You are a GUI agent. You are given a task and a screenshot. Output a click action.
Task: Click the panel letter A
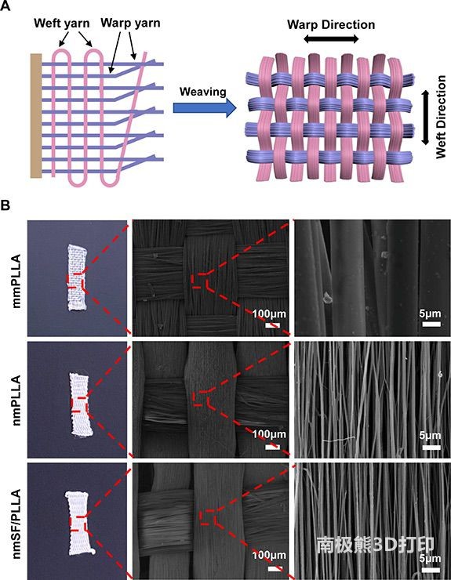coord(5,5)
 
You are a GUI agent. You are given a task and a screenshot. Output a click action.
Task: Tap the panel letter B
coord(5,205)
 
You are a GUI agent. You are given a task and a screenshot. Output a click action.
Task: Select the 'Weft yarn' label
coord(62,24)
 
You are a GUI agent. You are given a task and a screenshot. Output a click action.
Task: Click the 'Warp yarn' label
coord(130,23)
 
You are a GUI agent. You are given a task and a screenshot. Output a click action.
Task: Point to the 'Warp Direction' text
coord(331,25)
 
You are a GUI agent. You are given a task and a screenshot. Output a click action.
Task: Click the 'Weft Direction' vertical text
coord(441,118)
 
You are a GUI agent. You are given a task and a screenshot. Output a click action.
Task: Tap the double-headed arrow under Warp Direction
coord(332,39)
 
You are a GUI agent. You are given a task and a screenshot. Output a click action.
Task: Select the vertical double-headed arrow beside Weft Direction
coord(425,118)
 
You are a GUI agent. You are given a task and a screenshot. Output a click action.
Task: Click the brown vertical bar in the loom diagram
coord(36,116)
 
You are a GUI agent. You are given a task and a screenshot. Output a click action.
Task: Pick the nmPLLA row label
coord(16,400)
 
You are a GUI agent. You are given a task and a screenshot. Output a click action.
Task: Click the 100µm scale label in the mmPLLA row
coord(269,314)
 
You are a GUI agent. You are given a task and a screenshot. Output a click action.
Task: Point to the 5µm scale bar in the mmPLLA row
coord(431,324)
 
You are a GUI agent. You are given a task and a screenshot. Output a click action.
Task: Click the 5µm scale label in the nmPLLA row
coord(431,435)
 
